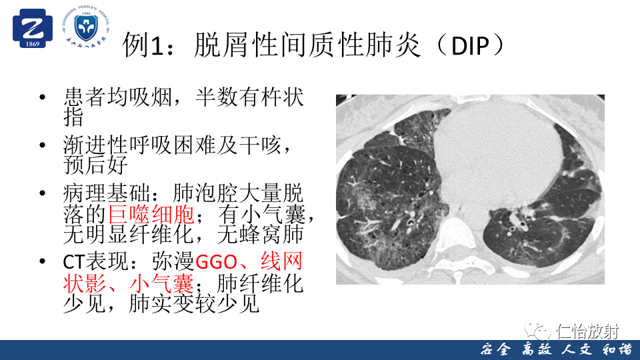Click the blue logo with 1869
click(33, 29)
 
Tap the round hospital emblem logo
click(86, 26)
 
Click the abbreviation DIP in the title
click(470, 46)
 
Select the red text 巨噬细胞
click(151, 214)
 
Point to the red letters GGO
click(217, 262)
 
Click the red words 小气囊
click(161, 283)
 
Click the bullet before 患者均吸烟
click(43, 97)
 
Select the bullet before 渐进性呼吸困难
click(43, 145)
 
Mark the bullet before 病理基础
click(43, 193)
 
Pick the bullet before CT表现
click(43, 261)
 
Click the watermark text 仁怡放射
click(589, 331)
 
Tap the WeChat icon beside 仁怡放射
click(537, 330)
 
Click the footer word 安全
click(495, 350)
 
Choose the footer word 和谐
click(617, 350)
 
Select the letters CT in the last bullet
click(73, 262)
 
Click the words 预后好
click(96, 165)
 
